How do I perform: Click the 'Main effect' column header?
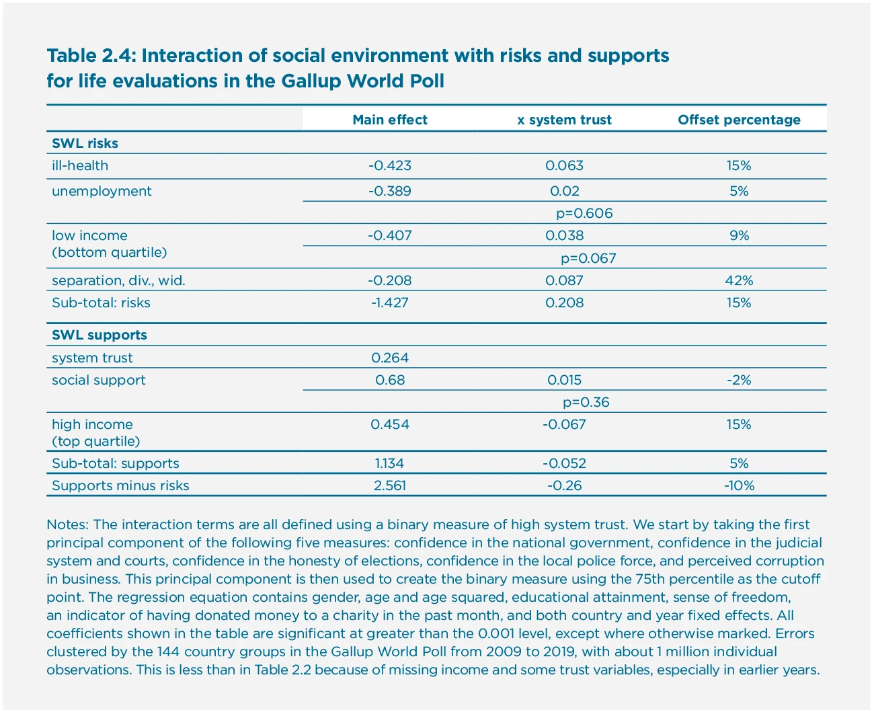390,120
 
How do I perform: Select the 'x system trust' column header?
564,120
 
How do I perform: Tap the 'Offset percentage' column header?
739,120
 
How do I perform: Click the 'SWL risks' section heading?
85,143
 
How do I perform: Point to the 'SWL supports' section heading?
100,335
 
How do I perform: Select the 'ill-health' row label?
80,165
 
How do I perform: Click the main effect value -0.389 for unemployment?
390,191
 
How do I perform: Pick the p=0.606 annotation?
584,214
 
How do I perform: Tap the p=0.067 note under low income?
588,258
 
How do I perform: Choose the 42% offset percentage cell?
739,280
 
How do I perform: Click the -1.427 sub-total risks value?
390,303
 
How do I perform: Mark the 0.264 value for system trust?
390,358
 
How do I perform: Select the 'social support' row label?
99,380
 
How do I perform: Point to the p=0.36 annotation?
586,403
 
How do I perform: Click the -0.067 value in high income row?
564,424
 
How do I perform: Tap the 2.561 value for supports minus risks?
390,485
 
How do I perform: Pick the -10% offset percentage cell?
739,485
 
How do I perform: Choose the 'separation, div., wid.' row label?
118,280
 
